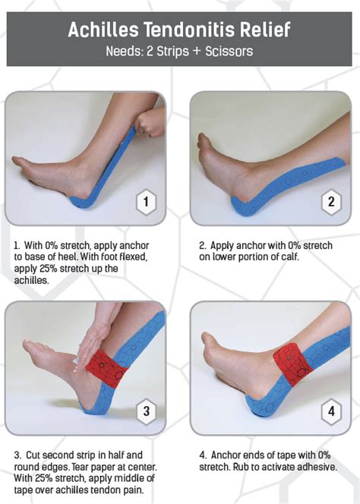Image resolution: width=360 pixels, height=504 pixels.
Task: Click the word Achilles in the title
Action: [x=103, y=30]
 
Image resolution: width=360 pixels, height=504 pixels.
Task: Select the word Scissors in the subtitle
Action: [x=229, y=52]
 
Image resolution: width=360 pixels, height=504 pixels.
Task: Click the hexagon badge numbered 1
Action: [x=146, y=202]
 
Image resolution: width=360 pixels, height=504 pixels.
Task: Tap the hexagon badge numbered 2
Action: [x=331, y=202]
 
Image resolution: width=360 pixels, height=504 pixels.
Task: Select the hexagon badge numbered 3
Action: [x=146, y=411]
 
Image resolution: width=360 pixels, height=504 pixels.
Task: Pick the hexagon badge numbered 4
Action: [x=331, y=411]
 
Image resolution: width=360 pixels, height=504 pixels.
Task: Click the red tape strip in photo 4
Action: [x=292, y=364]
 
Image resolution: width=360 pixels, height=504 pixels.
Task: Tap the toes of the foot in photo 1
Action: [x=23, y=163]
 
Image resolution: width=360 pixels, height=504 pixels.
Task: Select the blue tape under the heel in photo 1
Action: [x=81, y=203]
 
